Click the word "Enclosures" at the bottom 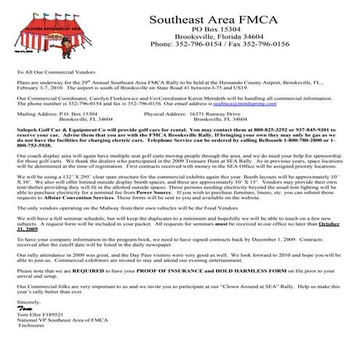33,327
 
